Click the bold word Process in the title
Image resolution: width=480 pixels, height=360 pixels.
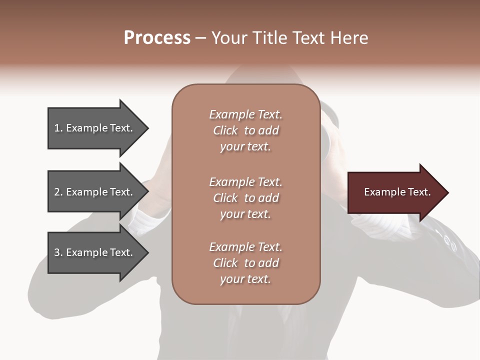tap(157, 38)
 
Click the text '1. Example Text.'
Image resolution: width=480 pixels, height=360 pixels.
tap(93, 128)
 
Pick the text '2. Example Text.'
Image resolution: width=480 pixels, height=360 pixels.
tap(93, 192)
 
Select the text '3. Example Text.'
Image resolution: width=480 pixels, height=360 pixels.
tap(93, 252)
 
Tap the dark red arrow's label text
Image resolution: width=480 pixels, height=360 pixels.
tap(397, 192)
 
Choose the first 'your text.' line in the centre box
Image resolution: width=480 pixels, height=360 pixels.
tap(245, 147)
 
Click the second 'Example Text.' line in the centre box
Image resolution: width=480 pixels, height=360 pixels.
tap(245, 182)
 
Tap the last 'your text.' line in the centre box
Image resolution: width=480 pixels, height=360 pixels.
tap(245, 279)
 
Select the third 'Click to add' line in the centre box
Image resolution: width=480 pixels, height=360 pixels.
tap(245, 263)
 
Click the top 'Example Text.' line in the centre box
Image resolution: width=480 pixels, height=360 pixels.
tap(245, 114)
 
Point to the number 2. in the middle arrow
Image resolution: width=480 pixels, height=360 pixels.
tap(58, 192)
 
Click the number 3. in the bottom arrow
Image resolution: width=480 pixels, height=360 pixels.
tap(58, 252)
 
